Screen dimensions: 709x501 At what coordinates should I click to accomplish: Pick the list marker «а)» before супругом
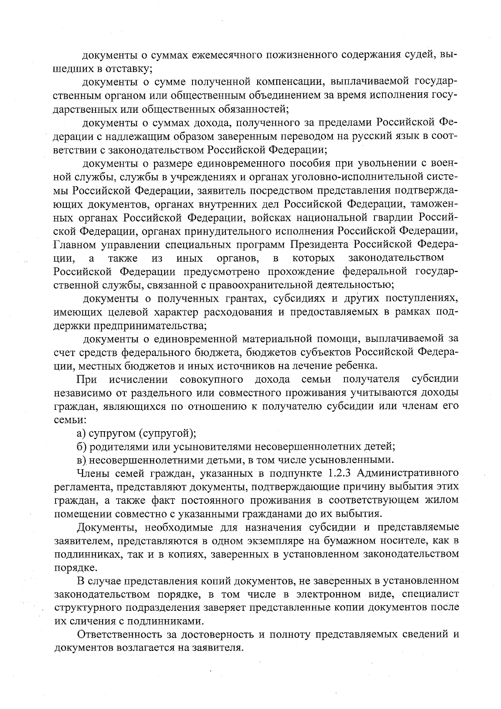[x=81, y=434]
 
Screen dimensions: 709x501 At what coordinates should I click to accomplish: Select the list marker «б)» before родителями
[x=81, y=447]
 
